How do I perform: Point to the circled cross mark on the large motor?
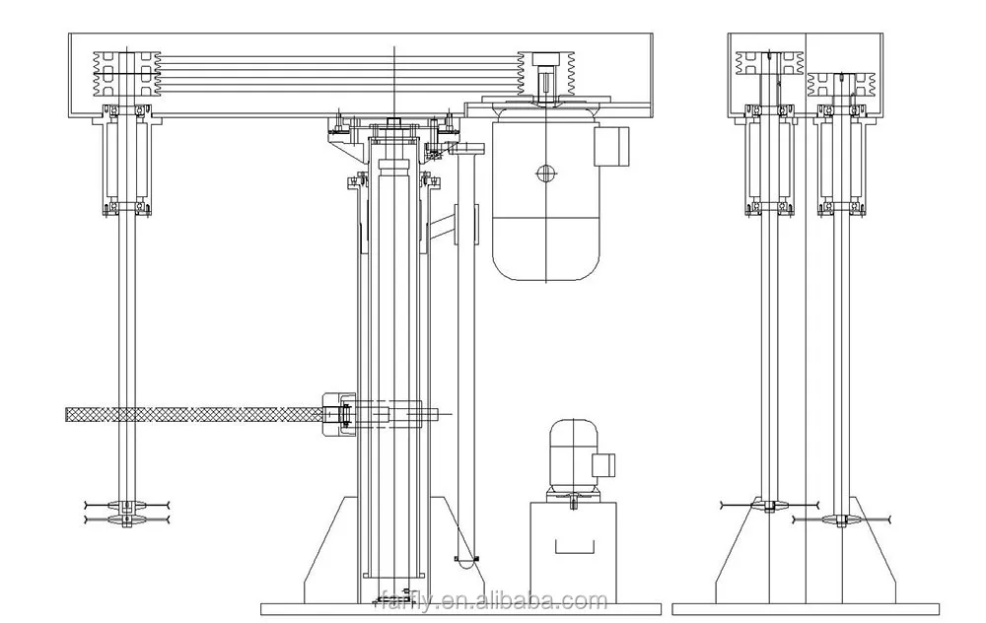(x=545, y=174)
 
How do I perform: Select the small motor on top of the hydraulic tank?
(x=573, y=456)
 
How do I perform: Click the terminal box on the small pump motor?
(x=603, y=463)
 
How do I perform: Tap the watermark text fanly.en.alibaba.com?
(x=493, y=599)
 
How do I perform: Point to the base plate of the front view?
(x=493, y=609)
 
